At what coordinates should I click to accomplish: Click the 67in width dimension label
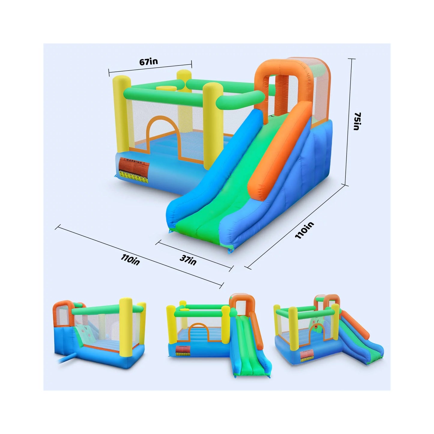pos(148,62)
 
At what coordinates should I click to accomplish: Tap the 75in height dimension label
pos(357,121)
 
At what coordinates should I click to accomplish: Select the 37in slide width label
pos(188,260)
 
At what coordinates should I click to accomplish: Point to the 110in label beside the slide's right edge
pos(304,230)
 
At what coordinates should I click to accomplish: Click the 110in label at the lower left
pos(130,259)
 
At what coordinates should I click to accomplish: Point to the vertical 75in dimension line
pos(349,120)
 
